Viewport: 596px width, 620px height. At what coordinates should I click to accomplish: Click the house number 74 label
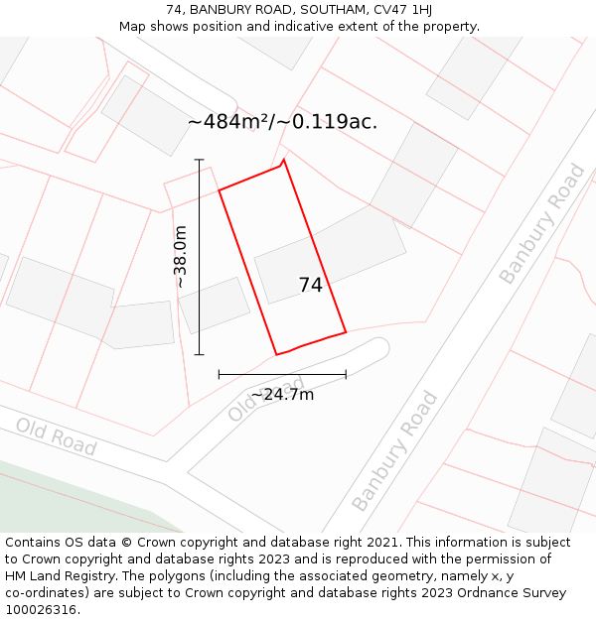(310, 286)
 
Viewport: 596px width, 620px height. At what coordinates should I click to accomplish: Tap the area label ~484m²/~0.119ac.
(282, 122)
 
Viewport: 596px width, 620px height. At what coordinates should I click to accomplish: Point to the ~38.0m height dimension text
(180, 257)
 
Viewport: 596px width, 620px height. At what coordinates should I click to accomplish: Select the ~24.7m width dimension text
(282, 395)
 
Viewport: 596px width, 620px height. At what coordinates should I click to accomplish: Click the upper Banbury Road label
(542, 224)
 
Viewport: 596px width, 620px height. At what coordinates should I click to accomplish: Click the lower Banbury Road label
(394, 451)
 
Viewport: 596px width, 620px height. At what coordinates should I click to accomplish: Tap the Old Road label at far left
(56, 437)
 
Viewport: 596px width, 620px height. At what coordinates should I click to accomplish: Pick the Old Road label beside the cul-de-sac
(263, 399)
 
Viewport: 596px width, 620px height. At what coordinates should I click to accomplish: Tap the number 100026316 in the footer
(42, 610)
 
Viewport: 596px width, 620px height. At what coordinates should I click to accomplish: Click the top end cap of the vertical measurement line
(200, 160)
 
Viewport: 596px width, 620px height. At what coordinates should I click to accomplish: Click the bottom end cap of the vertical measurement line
(200, 354)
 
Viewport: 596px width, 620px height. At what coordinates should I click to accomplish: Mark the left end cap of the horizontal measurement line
(219, 375)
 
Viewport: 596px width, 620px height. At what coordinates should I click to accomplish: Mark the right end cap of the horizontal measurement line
(346, 375)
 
